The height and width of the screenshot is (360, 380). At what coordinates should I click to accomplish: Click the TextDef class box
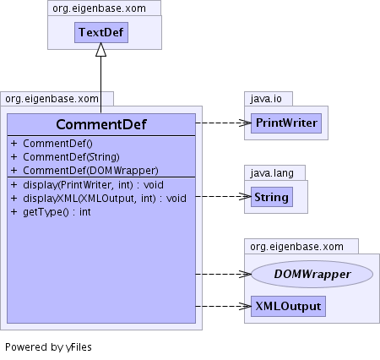coord(101,32)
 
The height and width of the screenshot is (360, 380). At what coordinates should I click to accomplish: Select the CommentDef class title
coord(101,124)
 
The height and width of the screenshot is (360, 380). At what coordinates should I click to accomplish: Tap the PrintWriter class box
coord(286,123)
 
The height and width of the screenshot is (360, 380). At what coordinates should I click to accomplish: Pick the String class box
coord(272,197)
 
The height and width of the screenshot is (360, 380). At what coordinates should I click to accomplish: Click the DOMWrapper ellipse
coord(312,274)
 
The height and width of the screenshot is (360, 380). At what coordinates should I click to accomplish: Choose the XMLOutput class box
coord(288,306)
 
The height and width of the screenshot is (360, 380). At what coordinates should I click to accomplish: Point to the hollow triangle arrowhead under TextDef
coord(100,50)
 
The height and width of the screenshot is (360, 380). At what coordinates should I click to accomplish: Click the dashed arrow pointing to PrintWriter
coord(224,123)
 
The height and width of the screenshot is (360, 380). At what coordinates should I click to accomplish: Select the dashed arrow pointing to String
coord(224,196)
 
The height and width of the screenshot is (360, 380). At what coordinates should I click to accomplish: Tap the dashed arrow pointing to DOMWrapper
coord(224,274)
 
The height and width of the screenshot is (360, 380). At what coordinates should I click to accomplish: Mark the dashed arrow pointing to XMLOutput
coord(224,306)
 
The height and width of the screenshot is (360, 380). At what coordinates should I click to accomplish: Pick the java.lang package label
coord(272,172)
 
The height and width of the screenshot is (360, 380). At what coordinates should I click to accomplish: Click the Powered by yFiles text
coord(48,347)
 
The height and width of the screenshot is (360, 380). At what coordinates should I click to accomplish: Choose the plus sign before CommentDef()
coord(14,143)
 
